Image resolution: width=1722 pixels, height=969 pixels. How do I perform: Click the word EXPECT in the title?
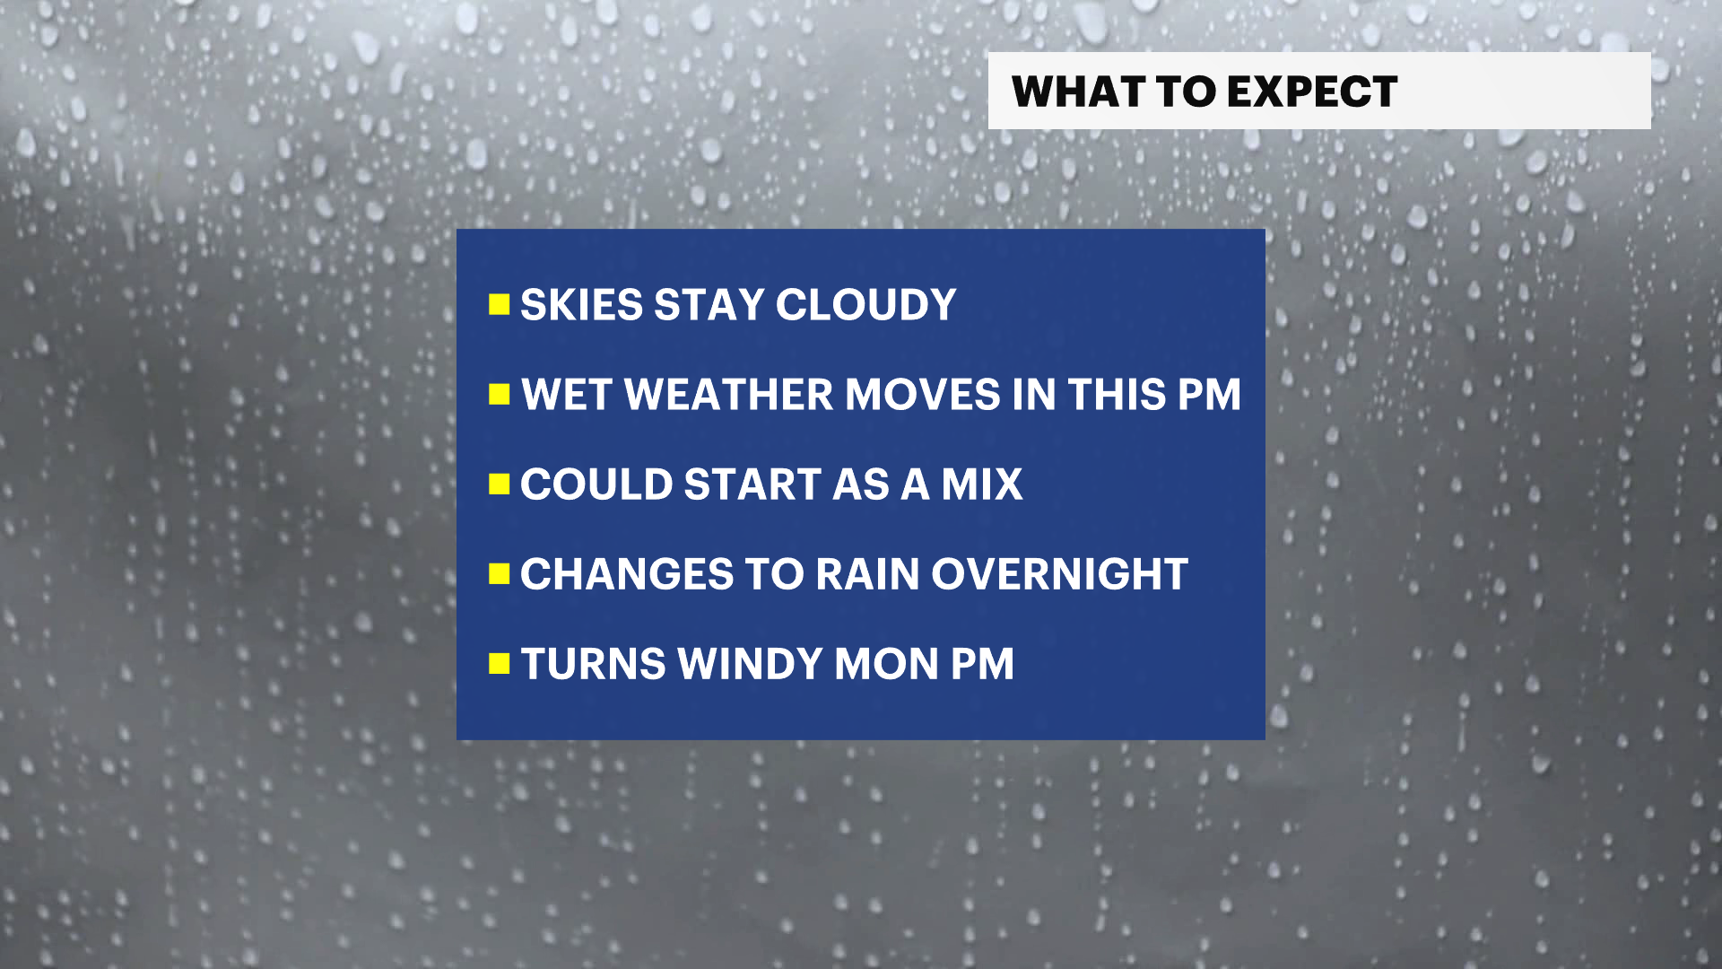(x=1312, y=92)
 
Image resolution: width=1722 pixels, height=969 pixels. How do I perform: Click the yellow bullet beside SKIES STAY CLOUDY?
(x=500, y=305)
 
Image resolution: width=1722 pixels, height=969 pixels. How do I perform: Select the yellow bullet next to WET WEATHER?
(x=500, y=395)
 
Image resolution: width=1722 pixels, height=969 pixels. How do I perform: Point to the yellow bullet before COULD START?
(x=500, y=484)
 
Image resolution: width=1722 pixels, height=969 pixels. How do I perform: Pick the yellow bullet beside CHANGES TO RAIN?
(x=500, y=574)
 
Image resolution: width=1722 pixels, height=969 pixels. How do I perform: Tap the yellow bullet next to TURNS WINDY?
(x=500, y=664)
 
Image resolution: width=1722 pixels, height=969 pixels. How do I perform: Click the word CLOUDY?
(x=865, y=305)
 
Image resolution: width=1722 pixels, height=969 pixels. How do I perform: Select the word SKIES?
(x=581, y=305)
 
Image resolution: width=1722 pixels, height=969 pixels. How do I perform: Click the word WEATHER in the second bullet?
(x=729, y=395)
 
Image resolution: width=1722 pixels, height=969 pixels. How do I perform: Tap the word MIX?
(x=981, y=484)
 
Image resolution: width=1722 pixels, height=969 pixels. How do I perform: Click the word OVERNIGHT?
(x=1059, y=574)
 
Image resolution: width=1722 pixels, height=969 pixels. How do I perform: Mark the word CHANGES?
(x=627, y=574)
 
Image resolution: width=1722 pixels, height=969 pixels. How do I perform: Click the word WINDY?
(x=750, y=664)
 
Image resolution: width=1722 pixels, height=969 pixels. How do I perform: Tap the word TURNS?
(x=594, y=664)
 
